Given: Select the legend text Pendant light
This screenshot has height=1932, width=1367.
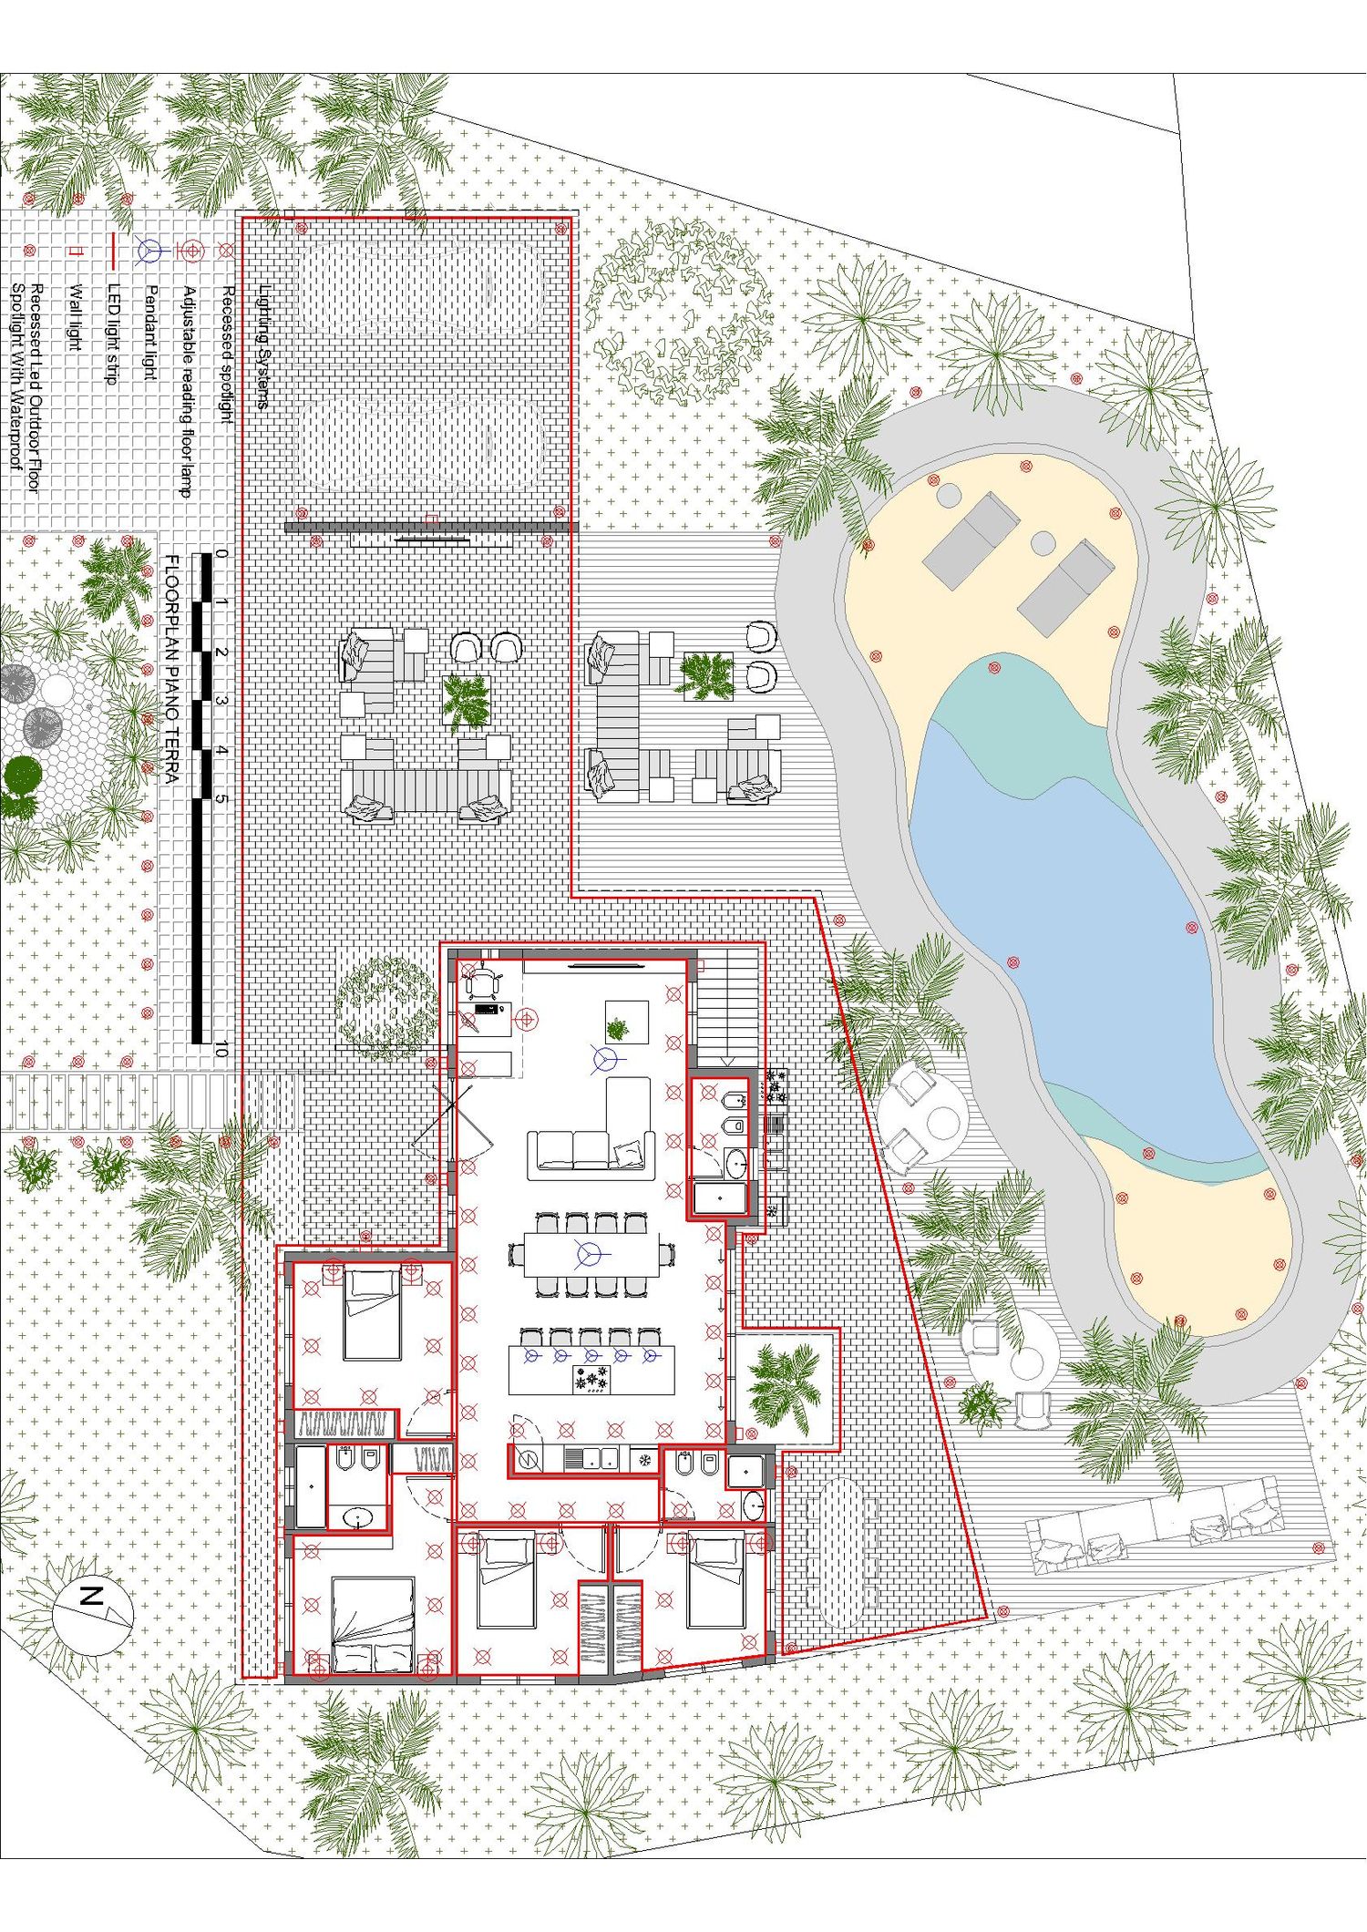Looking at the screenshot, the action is [151, 332].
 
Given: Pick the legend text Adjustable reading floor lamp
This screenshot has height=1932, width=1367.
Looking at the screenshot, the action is [190, 391].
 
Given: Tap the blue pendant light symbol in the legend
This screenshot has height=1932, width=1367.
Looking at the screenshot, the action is [149, 250].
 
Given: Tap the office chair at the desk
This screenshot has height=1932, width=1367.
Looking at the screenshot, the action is [481, 981].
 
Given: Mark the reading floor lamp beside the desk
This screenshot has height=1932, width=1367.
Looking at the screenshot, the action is [526, 1019].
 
